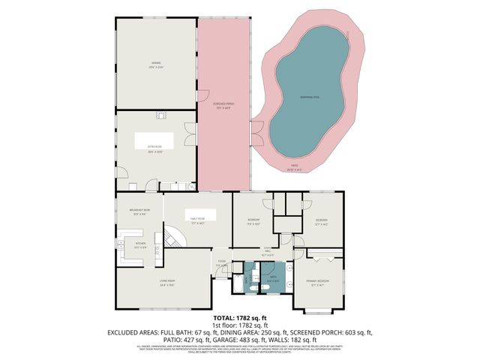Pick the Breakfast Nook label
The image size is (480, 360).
click(140, 212)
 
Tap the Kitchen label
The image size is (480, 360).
click(139, 244)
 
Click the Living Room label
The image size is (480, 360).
click(166, 283)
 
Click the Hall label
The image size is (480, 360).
click(266, 253)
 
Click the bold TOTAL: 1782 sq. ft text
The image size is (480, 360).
click(238, 319)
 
